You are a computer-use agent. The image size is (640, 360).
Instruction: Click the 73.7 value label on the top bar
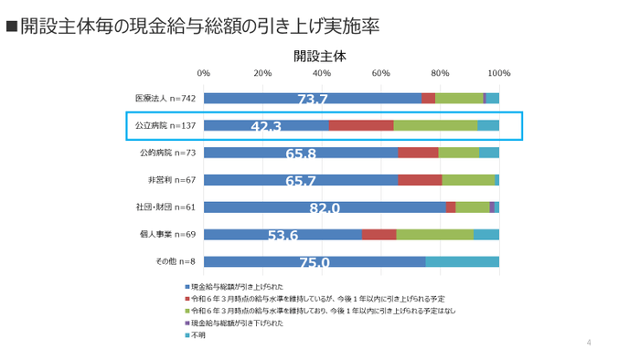(313, 100)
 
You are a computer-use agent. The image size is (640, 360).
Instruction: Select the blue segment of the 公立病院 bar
(265, 125)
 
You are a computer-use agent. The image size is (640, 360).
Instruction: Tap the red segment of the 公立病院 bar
(361, 125)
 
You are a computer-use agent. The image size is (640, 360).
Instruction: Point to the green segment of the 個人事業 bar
(434, 235)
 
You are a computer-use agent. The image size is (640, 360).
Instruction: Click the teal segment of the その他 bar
(462, 262)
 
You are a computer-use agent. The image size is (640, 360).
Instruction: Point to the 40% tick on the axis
(322, 73)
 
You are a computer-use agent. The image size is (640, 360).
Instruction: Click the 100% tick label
(498, 73)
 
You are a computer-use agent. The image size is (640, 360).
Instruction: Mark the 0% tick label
(204, 73)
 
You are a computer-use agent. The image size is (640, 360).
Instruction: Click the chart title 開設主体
(320, 55)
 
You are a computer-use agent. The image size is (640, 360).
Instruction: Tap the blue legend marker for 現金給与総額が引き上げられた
(186, 287)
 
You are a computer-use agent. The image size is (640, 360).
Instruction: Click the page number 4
(590, 343)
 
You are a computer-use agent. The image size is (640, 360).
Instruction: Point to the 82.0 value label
(325, 209)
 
